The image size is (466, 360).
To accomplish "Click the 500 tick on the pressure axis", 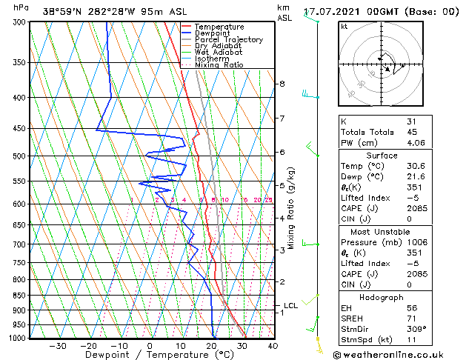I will click(x=20, y=156).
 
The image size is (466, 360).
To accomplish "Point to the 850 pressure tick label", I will click(x=20, y=296).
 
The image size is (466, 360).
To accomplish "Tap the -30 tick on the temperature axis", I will click(x=57, y=345).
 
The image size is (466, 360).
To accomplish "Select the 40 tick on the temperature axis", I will click(x=273, y=345).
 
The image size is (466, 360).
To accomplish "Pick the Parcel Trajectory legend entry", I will click(x=228, y=39).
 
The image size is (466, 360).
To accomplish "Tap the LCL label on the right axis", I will click(x=290, y=305).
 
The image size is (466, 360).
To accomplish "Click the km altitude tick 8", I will click(x=282, y=84).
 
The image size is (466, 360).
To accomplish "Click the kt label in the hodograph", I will click(x=344, y=27).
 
